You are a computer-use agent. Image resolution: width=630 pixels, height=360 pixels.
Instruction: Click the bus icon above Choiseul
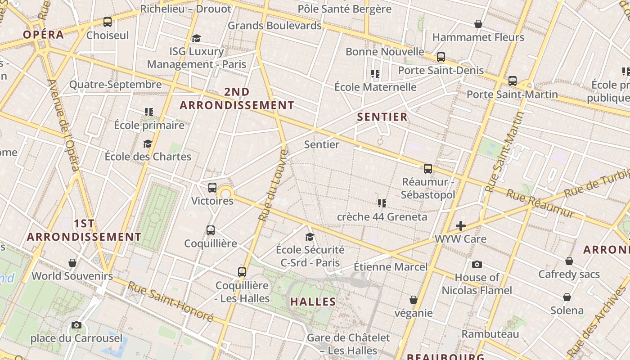[107, 22]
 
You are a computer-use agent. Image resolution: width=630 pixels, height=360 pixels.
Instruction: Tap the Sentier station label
[321, 144]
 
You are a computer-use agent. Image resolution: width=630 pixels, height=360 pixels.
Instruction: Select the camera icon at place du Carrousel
[76, 325]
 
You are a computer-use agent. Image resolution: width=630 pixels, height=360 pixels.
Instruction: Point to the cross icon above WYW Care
[460, 226]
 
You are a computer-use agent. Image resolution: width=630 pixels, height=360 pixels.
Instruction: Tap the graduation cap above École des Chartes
[148, 144]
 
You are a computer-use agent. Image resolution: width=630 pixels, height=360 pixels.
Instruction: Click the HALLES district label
[313, 301]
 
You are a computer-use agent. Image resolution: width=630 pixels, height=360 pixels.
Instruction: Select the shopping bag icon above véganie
[413, 300]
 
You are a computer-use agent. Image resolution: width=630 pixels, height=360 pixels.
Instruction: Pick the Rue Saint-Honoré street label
[170, 301]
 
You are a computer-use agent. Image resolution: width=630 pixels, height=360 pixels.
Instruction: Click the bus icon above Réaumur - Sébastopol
[427, 169]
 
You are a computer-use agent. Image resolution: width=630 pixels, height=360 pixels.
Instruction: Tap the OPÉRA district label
[43, 35]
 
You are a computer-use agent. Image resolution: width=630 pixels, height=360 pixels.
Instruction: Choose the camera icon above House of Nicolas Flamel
[477, 264]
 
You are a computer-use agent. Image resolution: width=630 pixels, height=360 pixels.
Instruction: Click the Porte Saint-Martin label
[512, 94]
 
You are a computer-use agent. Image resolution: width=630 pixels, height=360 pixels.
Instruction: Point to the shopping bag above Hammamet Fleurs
[478, 24]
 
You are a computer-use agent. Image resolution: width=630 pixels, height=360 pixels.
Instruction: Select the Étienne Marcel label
[390, 267]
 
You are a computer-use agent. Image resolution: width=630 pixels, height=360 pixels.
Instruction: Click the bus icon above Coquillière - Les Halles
[242, 272]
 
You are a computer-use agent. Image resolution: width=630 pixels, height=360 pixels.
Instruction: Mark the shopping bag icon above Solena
[567, 297]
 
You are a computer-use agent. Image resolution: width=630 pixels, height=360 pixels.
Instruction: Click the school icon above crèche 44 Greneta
[382, 203]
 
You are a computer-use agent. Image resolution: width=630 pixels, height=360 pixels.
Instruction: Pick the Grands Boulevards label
[274, 25]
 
